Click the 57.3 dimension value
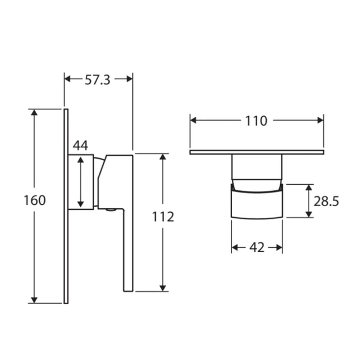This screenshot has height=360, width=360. [x=98, y=79]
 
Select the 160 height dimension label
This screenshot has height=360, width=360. [x=35, y=200]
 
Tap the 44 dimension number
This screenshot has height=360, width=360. [x=80, y=145]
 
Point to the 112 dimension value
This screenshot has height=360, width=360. [x=163, y=217]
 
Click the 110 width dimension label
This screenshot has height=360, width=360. [x=256, y=121]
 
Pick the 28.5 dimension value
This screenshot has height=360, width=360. [x=327, y=201]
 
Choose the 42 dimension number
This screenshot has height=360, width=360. [x=257, y=248]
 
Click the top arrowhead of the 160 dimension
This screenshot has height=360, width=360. [x=35, y=113]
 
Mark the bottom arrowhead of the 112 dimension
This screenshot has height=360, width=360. [x=163, y=287]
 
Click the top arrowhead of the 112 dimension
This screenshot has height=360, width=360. [x=163, y=157]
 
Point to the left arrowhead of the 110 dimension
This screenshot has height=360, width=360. [x=194, y=120]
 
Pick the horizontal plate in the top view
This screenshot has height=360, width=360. [x=257, y=152]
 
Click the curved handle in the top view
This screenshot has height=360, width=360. [x=257, y=204]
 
